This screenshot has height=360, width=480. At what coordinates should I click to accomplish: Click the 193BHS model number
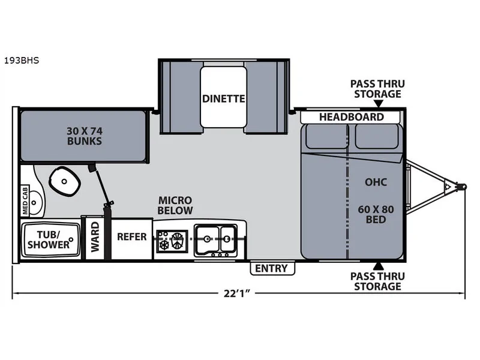22,61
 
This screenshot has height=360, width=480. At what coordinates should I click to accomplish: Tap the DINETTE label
223,98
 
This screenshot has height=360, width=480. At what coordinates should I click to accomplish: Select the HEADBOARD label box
350,117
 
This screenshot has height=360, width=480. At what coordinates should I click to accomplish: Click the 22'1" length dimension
236,293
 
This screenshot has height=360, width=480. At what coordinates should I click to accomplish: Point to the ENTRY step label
272,268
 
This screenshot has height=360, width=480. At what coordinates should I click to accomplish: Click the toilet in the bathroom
64,181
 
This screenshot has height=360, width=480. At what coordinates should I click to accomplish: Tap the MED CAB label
25,201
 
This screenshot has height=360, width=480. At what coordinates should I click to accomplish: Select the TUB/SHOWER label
49,239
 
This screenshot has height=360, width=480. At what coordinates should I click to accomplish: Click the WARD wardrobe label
95,237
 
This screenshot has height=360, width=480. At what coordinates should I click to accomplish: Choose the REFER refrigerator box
131,239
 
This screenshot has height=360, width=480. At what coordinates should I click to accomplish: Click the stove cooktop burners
172,241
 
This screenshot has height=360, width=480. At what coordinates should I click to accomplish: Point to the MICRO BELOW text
175,205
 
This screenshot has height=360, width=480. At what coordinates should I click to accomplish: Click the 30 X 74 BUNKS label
85,136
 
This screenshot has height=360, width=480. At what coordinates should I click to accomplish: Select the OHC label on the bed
376,182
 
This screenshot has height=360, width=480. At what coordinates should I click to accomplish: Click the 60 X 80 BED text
376,214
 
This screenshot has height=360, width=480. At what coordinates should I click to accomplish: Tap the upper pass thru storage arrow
379,104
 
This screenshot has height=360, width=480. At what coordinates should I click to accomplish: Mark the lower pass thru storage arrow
379,266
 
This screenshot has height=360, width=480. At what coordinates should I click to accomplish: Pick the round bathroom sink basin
35,203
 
